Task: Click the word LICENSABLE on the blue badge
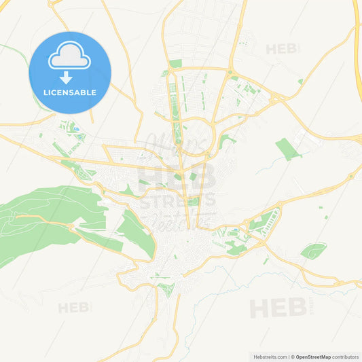[70, 92]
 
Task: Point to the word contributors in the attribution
[345, 356]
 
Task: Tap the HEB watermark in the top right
[282, 49]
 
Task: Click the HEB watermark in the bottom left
[73, 308]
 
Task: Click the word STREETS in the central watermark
[177, 199]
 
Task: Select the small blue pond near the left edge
[76, 128]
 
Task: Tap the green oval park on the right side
[313, 251]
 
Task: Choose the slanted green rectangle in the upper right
[288, 149]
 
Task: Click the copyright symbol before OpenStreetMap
[292, 356]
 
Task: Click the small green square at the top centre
[175, 63]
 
